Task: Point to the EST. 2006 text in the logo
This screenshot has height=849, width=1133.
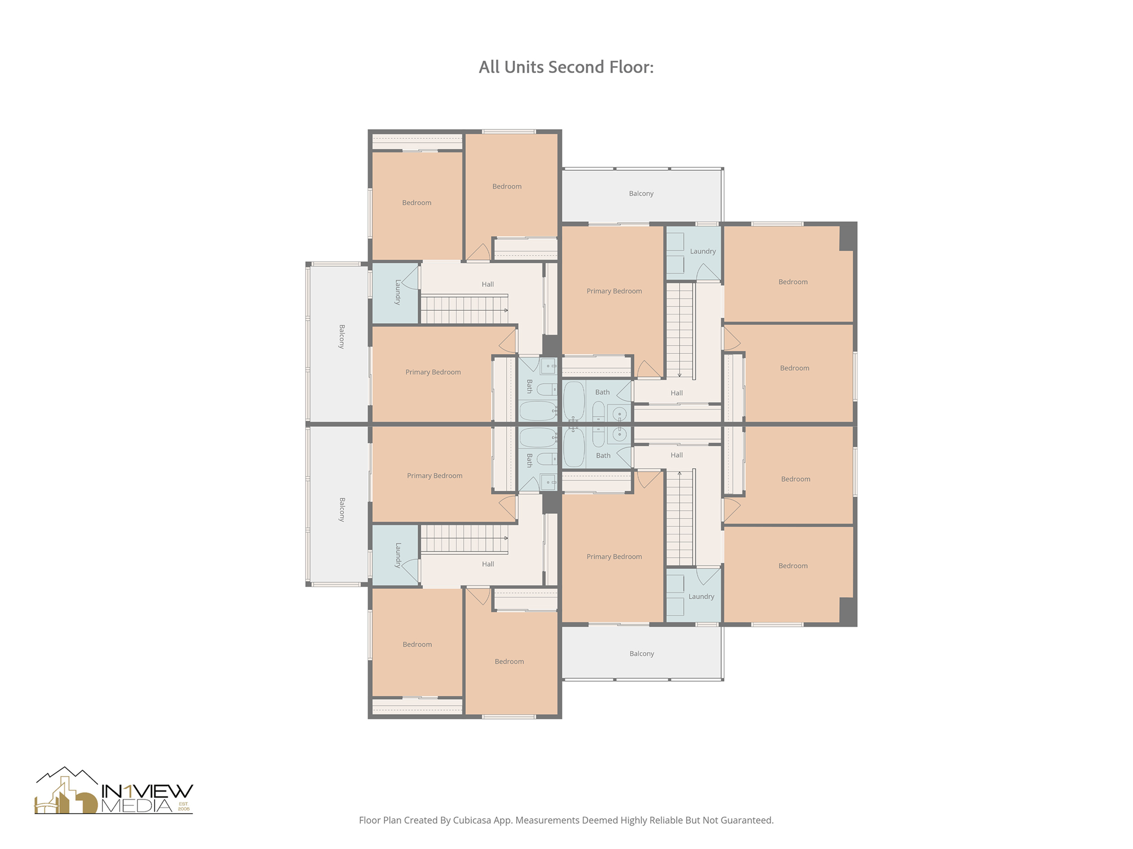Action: [184, 806]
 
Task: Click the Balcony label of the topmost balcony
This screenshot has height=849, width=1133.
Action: [641, 193]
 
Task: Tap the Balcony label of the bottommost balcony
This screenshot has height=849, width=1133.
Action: [641, 653]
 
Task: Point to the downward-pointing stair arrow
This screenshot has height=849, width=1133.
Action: [679, 374]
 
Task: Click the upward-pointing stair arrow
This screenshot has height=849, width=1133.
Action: [679, 474]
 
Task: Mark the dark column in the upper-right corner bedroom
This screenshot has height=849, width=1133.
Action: [847, 237]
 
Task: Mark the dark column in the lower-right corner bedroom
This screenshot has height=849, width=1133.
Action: [847, 611]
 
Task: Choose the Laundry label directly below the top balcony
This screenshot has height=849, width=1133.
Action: [703, 251]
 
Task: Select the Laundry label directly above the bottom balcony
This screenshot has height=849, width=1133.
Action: [701, 596]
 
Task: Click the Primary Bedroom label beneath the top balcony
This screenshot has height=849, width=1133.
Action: [614, 291]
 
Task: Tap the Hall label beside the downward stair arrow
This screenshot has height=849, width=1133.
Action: [677, 393]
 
